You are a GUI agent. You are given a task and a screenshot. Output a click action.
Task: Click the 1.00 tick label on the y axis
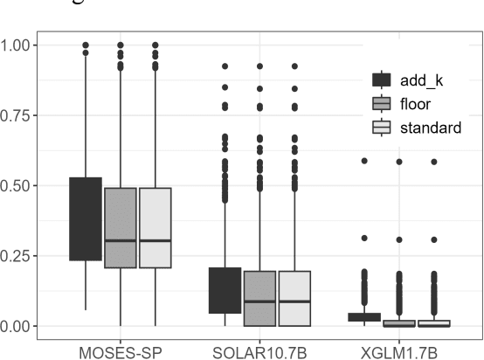(18, 44)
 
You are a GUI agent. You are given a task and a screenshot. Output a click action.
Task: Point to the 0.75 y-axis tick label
(18, 114)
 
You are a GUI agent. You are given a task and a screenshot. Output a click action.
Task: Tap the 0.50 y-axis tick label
(18, 185)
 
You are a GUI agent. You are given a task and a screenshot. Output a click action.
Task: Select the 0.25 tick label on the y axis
(18, 255)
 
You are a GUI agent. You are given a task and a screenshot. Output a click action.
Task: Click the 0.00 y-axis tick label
(18, 326)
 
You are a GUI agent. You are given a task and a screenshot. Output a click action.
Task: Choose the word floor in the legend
(418, 104)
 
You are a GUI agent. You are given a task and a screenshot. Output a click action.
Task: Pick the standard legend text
(431, 128)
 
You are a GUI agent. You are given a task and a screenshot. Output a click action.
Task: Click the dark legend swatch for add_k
(382, 80)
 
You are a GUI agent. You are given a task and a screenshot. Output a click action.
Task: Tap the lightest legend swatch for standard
(382, 128)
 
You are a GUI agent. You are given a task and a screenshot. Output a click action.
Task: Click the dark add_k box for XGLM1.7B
(364, 316)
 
